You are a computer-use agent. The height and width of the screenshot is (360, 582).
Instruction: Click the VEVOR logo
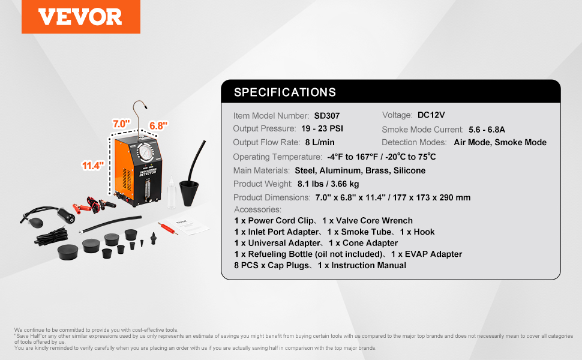80,17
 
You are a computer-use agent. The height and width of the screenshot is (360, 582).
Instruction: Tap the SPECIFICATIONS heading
284,92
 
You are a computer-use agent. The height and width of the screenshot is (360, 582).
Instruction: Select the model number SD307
327,116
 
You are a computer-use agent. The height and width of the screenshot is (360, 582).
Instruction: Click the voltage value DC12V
431,115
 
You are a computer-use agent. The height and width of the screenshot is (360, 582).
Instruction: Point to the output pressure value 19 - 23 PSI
322,129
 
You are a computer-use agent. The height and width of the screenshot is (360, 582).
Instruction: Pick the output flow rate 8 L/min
320,143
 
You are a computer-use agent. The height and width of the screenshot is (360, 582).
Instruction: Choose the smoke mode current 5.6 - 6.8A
487,130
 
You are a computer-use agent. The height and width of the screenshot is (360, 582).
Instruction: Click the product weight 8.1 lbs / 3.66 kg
328,184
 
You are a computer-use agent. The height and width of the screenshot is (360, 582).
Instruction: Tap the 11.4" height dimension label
93,166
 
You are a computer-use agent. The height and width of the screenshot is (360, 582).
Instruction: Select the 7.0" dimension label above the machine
121,124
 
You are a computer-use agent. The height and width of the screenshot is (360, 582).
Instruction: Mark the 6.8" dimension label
158,126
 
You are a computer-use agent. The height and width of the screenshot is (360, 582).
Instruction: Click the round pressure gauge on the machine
146,152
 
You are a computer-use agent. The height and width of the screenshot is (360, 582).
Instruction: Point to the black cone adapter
189,192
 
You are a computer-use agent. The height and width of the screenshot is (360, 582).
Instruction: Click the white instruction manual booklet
187,224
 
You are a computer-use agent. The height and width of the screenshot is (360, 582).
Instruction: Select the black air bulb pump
36,222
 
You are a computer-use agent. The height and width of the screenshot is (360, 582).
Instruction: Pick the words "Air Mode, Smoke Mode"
500,143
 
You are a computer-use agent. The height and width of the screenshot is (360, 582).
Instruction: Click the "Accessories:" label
257,209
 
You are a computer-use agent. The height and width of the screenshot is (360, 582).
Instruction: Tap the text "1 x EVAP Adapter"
427,254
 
